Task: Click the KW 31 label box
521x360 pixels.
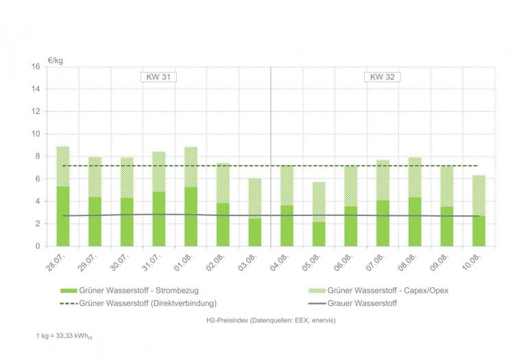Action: pyautogui.click(x=158, y=77)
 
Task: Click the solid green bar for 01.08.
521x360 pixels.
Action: pyautogui.click(x=191, y=216)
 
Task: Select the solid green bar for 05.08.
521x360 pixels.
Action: pyautogui.click(x=318, y=234)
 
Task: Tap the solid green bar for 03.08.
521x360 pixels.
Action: pyautogui.click(x=254, y=232)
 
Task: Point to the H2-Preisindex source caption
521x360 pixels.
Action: pyautogui.click(x=270, y=320)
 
